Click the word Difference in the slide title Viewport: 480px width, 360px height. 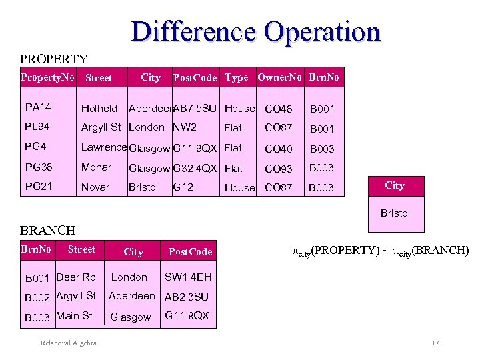click(x=193, y=31)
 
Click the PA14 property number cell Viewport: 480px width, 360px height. click(x=38, y=107)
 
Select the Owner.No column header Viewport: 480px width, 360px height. click(x=279, y=77)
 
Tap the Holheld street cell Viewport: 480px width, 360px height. click(x=99, y=108)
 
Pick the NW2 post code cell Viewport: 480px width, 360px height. click(x=185, y=127)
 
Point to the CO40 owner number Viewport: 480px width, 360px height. click(x=278, y=149)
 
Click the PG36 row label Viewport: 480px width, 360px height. click(x=38, y=168)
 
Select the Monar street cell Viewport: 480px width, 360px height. click(x=96, y=168)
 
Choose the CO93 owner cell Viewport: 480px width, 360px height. click(x=278, y=169)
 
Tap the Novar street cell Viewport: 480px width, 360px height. click(x=95, y=187)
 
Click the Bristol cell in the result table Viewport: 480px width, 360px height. click(x=395, y=213)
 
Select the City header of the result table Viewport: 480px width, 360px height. click(x=395, y=185)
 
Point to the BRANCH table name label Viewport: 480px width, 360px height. click(x=48, y=230)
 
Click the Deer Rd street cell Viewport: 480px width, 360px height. click(x=76, y=277)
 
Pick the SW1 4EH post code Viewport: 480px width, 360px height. click(x=188, y=277)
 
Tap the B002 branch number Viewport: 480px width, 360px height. click(x=38, y=297)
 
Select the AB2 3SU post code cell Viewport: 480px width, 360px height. click(x=187, y=297)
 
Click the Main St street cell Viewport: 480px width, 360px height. click(x=74, y=316)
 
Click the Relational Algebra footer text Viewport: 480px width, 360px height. click(x=69, y=343)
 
